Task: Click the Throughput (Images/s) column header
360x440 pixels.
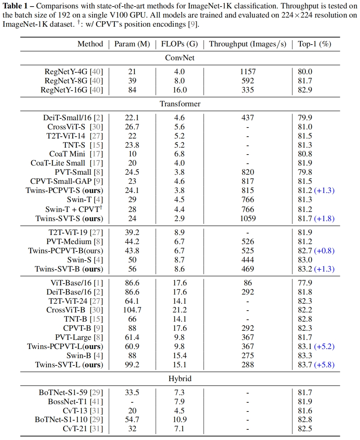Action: tap(247, 44)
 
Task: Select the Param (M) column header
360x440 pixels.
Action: tap(132, 44)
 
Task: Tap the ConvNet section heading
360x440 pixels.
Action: tap(180, 58)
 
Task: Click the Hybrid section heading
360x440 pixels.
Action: tap(180, 379)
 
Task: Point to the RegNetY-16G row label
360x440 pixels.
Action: tap(72, 90)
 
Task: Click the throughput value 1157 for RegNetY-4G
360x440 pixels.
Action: tap(247, 72)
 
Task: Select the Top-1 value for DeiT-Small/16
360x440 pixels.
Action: tap(305, 118)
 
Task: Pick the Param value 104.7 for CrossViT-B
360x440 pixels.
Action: tap(132, 310)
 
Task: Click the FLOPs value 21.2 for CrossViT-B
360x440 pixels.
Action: tap(179, 310)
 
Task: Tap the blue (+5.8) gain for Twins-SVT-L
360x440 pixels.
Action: tap(325, 365)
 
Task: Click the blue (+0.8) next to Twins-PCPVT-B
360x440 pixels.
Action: tap(325, 251)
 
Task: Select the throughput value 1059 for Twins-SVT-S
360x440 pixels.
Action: tap(247, 219)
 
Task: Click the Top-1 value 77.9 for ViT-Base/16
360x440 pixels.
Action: tap(305, 283)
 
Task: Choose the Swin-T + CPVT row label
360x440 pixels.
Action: tap(73, 209)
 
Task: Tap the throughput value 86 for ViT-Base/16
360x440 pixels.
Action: tap(247, 283)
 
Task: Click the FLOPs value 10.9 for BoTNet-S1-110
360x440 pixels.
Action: tap(179, 420)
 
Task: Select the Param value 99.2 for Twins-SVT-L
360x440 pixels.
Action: tap(132, 365)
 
